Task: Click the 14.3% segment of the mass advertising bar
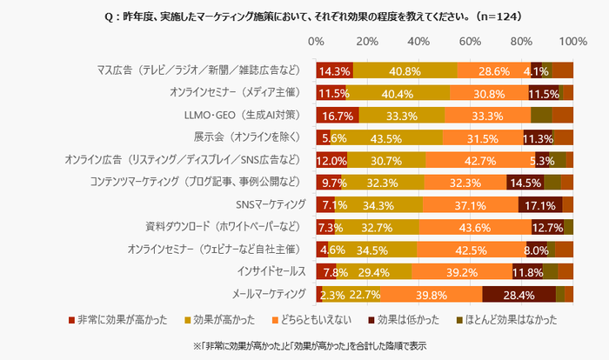[334, 70]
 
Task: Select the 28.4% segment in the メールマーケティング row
[519, 294]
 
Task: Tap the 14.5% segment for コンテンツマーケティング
[525, 183]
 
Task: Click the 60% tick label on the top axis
[470, 42]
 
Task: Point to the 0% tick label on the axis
[317, 42]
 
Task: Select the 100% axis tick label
[572, 42]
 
